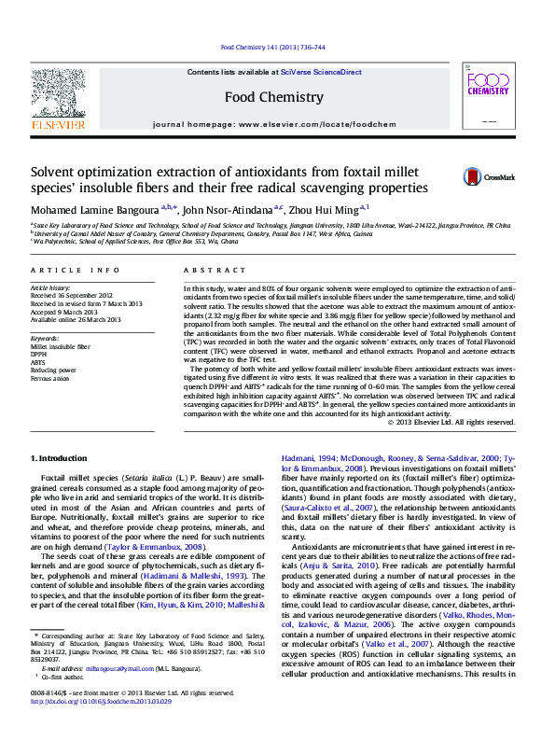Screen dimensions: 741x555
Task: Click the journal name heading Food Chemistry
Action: pyautogui.click(x=274, y=97)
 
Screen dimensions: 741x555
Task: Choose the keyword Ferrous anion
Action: pyautogui.click(x=52, y=380)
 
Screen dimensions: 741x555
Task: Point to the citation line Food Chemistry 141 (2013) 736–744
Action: pyautogui.click(x=273, y=47)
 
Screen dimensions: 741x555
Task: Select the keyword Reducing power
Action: pyautogui.click(x=54, y=371)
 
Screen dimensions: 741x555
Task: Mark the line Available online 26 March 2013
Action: pyautogui.click(x=76, y=319)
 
